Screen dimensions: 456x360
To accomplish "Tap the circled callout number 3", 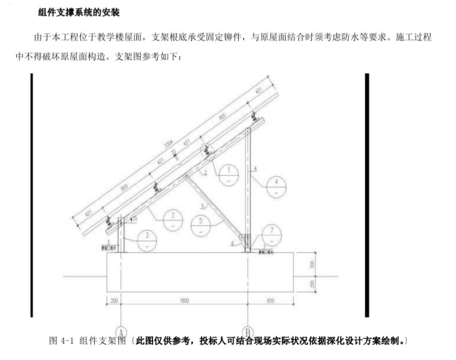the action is point(146,239).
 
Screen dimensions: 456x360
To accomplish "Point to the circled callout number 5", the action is point(202,224).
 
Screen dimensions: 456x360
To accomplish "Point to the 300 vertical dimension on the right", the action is point(311,265).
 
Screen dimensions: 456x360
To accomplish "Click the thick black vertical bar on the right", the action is point(367,195).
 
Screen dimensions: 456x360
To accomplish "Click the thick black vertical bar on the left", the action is point(31,195).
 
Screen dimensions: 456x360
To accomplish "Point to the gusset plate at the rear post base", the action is point(244,240).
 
